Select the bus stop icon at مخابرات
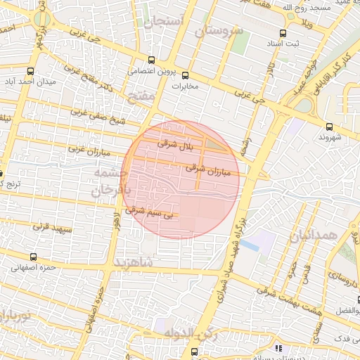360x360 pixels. click(x=186, y=75)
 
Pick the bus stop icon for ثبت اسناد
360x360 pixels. click(x=283, y=33)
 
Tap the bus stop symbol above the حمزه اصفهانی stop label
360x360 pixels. click(x=33, y=257)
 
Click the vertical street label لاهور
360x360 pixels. click(x=117, y=225)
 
